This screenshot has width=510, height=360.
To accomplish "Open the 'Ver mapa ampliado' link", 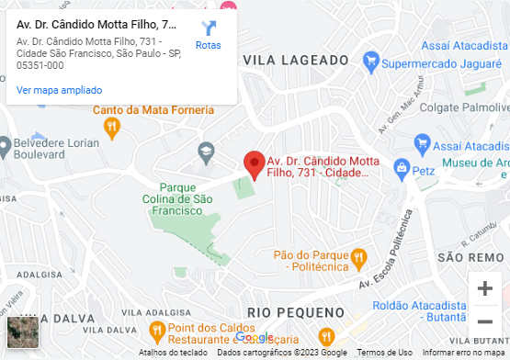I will pos(59,90).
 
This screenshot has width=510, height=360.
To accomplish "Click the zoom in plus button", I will pos(484,288).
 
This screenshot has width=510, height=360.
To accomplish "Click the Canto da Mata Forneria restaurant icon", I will pos(112,127).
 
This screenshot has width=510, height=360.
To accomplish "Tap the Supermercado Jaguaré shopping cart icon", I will pos(370,63).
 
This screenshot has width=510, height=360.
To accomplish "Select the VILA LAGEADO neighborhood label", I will pos(296,60).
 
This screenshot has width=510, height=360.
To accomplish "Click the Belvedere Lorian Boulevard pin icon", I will pos(5,145).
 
